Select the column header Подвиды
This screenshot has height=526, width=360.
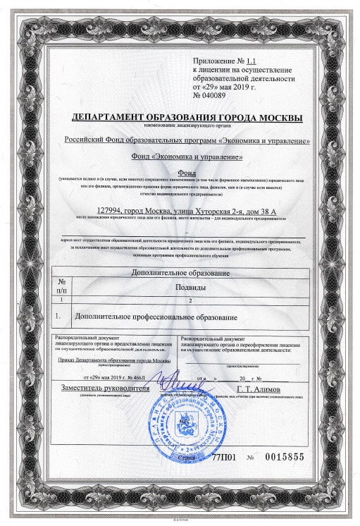(x=190, y=288)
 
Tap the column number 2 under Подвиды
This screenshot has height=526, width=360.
(x=190, y=300)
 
